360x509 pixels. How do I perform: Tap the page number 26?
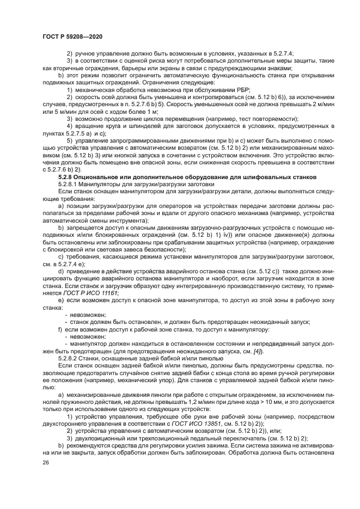(x=45, y=462)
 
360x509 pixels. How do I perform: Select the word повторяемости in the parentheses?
(x=276, y=118)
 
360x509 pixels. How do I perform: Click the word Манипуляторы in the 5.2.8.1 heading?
(x=101, y=185)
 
